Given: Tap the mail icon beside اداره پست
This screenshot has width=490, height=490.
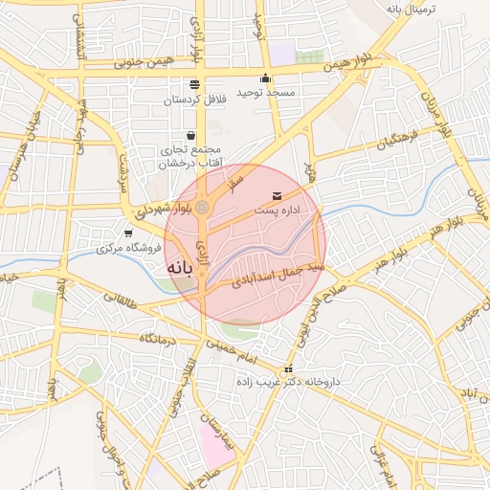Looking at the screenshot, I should coord(264,196).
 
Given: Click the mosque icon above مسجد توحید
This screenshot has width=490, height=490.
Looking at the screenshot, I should coord(265,78).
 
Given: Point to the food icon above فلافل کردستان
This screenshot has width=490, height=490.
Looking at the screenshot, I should coord(195,84).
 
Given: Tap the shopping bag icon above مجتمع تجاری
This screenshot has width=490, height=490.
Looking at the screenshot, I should coord(190,135).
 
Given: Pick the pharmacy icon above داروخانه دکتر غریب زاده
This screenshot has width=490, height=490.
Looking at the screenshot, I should coord(286,369).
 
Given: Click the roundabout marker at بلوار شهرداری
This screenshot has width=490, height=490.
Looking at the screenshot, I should coord(202,207).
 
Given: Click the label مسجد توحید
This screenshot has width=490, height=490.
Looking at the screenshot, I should coord(267,93).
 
